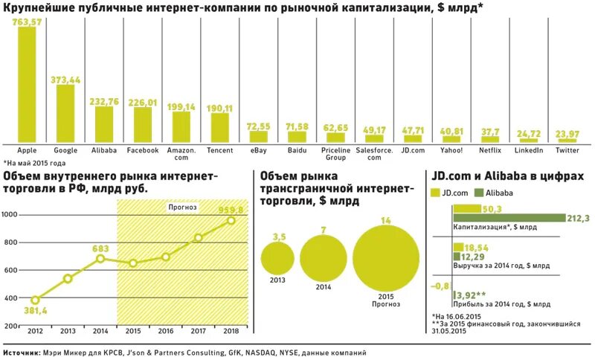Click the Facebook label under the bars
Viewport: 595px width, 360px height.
tap(143, 150)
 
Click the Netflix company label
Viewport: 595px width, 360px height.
tap(490, 150)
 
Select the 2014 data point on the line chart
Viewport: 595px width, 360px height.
tap(100, 259)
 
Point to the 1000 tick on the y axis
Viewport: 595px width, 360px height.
tap(10, 215)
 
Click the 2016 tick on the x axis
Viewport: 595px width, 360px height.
tap(166, 331)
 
